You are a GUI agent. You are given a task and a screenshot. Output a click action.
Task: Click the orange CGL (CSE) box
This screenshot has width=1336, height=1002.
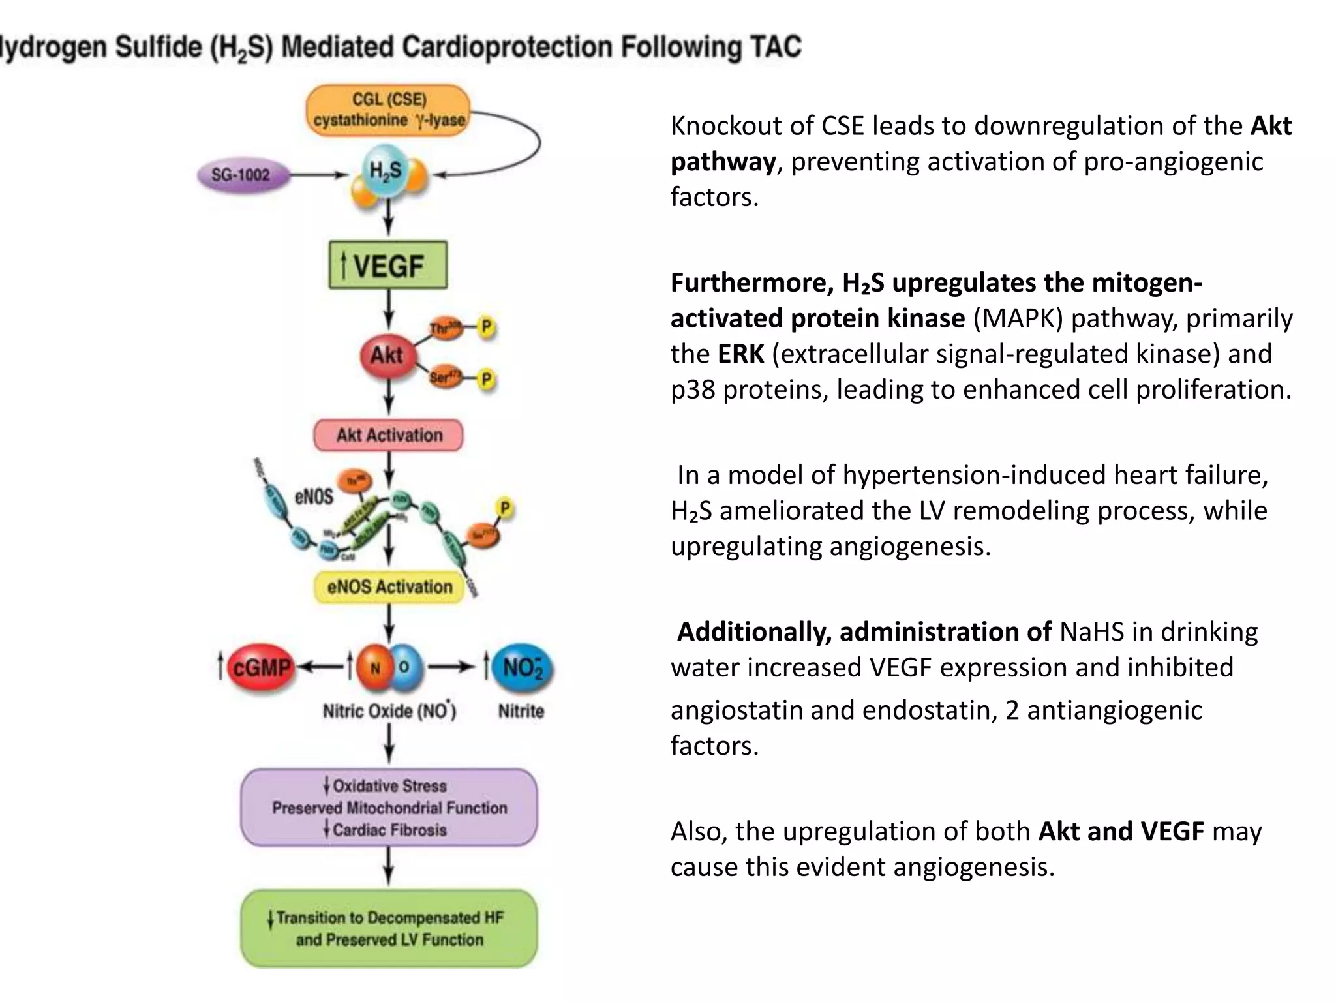pos(389,110)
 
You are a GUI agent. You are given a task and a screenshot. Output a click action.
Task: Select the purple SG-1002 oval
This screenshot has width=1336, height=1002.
pos(241,175)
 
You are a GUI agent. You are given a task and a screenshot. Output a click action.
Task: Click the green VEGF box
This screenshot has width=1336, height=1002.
pos(388,265)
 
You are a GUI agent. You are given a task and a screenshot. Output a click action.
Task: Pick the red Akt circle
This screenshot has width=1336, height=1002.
pos(386,356)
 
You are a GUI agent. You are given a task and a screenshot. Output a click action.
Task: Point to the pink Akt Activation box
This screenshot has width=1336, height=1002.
pos(389,435)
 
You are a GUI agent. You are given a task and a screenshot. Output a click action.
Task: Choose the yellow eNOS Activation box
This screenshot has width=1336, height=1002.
pos(389,586)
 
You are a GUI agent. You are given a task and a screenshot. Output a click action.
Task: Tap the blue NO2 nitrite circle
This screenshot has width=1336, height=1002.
pos(522,667)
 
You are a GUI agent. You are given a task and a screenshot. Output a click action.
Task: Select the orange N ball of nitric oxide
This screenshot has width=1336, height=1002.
pos(375,667)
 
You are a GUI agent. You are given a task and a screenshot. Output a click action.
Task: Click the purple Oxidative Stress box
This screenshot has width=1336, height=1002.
pos(389,808)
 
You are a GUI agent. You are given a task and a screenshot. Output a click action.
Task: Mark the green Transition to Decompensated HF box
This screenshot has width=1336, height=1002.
pos(389,928)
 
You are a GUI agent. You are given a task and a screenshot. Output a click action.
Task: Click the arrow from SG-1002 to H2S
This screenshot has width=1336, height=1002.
pos(319,175)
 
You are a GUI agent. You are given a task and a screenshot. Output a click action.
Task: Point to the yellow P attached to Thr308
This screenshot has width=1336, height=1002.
pos(486,327)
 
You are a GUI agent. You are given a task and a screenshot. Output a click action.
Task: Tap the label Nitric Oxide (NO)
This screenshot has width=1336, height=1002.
pos(389,710)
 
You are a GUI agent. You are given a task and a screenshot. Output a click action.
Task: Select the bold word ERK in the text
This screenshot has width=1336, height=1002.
pos(740,354)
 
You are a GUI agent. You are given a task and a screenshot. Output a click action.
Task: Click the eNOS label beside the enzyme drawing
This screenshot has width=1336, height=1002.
pos(314,496)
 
